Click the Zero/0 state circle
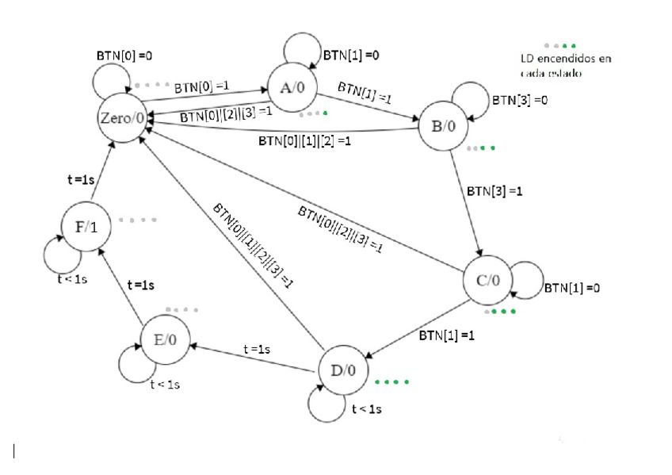coord(123,117)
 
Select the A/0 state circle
coord(292,87)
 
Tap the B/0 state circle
coord(443,126)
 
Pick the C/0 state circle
coord(488,281)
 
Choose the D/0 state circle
coord(343,370)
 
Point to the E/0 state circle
coord(165,339)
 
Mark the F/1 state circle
coord(86,226)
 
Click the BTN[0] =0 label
coord(124,56)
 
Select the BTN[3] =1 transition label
coord(494,191)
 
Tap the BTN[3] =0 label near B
coord(520,101)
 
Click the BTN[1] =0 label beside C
coord(572,288)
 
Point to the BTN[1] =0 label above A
coord(351,56)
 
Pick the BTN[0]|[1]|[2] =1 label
coord(305,140)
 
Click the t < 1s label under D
coord(367,409)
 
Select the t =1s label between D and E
coord(257,350)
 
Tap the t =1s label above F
coord(81,180)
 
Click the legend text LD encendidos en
coord(566,59)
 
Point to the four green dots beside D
coord(392,382)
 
